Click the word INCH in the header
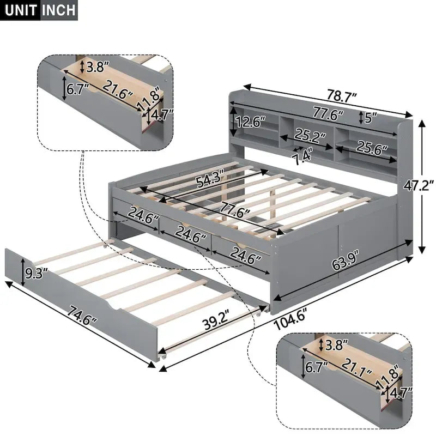pyautogui.click(x=58, y=10)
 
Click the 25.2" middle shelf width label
pyautogui.click(x=310, y=135)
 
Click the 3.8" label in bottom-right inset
pyautogui.click(x=336, y=345)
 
